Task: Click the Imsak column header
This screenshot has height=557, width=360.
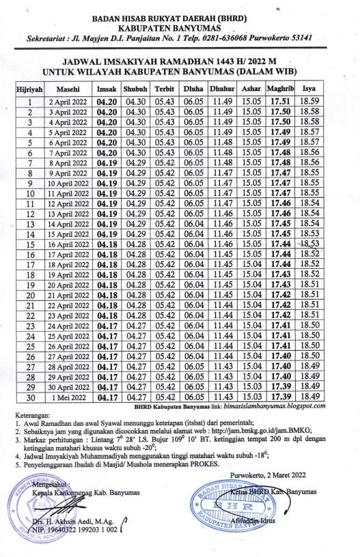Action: tap(107, 89)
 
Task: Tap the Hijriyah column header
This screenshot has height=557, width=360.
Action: tap(29, 89)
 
